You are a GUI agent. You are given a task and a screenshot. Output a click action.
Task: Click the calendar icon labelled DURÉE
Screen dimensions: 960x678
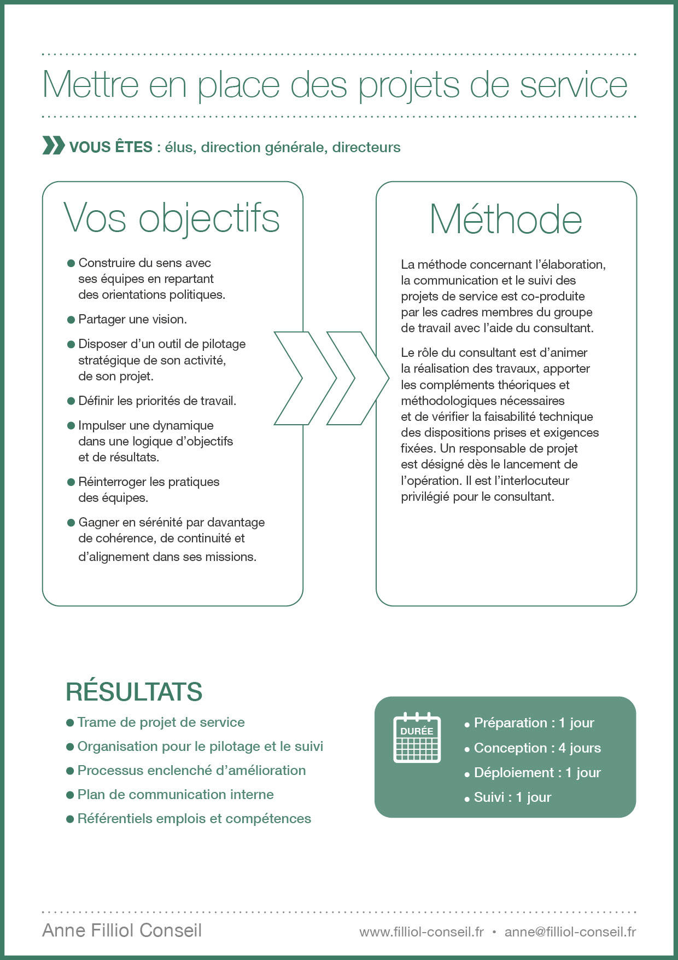pyautogui.click(x=417, y=737)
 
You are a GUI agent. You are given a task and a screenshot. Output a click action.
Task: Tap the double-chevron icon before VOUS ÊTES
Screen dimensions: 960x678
pyautogui.click(x=53, y=147)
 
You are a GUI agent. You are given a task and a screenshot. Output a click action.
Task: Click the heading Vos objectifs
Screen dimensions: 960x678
pyautogui.click(x=172, y=218)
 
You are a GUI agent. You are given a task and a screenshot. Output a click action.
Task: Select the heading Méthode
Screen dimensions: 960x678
pyautogui.click(x=506, y=219)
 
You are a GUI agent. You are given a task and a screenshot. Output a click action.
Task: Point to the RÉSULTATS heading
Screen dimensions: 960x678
pyautogui.click(x=134, y=692)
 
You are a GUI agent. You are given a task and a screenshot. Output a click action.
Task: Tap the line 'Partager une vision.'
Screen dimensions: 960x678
pyautogui.click(x=132, y=319)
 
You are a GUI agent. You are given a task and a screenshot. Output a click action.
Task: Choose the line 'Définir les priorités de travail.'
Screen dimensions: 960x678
pyautogui.click(x=157, y=401)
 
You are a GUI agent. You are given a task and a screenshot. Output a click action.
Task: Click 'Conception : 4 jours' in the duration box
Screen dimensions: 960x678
pyautogui.click(x=537, y=748)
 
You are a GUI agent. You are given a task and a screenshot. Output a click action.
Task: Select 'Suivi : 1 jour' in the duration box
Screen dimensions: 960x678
pyautogui.click(x=512, y=797)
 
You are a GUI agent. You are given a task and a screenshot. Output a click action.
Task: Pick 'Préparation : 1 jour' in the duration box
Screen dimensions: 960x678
pyautogui.click(x=534, y=722)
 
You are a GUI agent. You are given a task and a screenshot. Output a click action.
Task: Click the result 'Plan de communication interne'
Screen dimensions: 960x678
pyautogui.click(x=175, y=794)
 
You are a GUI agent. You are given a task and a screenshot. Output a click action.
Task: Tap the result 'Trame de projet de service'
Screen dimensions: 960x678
pyautogui.click(x=161, y=722)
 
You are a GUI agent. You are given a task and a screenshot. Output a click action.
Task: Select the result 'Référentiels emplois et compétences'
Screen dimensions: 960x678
pyautogui.click(x=194, y=818)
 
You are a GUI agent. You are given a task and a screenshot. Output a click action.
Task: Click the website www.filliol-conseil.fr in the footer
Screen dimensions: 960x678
pyautogui.click(x=422, y=932)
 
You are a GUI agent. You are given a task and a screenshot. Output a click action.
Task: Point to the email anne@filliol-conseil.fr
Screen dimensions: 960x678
pyautogui.click(x=570, y=932)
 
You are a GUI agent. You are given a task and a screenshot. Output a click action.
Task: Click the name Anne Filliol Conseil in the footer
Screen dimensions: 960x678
pyautogui.click(x=122, y=930)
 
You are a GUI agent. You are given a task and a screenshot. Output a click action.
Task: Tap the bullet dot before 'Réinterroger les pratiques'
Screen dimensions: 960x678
pyautogui.click(x=71, y=482)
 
